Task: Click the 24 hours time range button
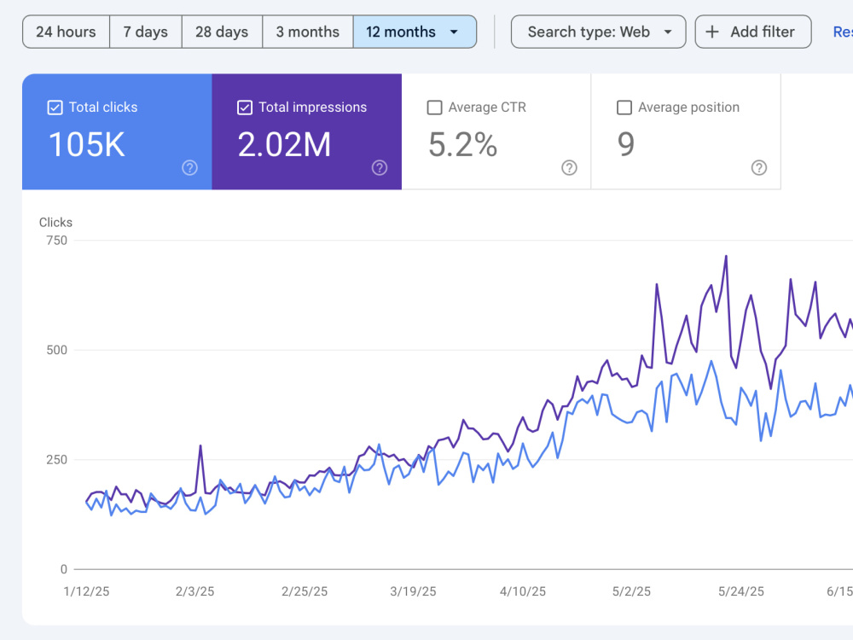(x=66, y=32)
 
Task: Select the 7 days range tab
(x=145, y=32)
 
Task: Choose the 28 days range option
(x=222, y=32)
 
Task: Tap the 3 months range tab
(x=307, y=32)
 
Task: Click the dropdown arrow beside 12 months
(x=454, y=32)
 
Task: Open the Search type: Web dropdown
(x=599, y=32)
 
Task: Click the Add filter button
(x=753, y=32)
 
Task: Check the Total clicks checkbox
(x=55, y=108)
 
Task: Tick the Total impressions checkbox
(x=245, y=108)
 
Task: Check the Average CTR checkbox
(x=435, y=108)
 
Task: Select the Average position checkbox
(x=624, y=108)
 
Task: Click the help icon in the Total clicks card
(x=190, y=167)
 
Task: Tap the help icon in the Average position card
(x=759, y=167)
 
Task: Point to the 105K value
(x=87, y=145)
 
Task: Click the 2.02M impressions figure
(x=284, y=145)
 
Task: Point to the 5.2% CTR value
(x=462, y=145)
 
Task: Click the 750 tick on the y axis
(x=56, y=241)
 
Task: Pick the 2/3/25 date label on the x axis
(x=194, y=591)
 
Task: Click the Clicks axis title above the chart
(x=55, y=222)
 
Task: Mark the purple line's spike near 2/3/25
(x=200, y=445)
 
